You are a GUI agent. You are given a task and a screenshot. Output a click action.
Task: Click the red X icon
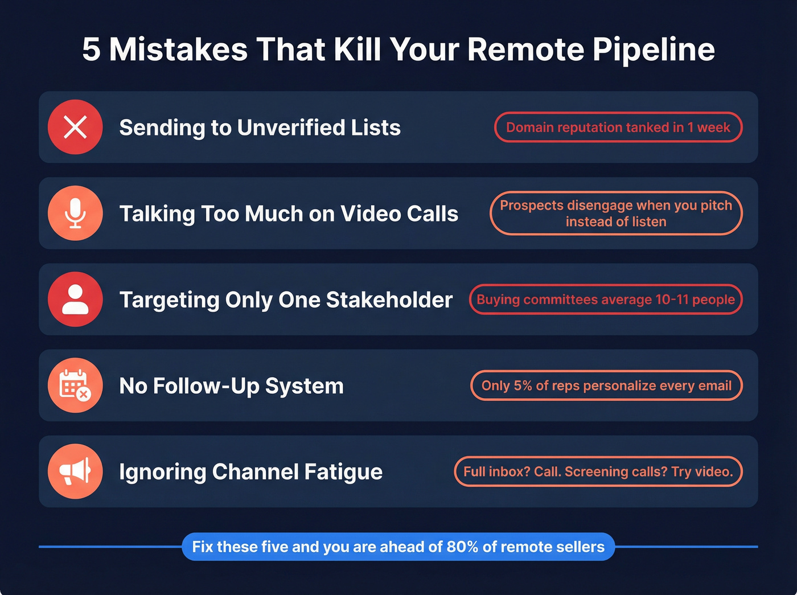75,127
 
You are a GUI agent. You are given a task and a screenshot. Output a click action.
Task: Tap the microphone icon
75,213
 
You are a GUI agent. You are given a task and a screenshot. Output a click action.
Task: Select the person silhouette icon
75,299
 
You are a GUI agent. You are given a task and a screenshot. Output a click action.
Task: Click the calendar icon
75,385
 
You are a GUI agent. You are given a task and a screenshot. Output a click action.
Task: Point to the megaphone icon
75,471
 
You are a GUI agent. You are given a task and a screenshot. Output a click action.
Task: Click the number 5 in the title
91,50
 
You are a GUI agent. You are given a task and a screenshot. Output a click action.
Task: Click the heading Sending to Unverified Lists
260,128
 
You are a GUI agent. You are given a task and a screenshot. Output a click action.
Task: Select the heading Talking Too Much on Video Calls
289,214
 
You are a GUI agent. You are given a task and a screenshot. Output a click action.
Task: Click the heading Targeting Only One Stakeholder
286,299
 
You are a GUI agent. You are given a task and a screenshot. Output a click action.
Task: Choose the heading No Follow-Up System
231,386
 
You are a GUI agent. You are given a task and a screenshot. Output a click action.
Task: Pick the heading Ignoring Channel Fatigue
250,472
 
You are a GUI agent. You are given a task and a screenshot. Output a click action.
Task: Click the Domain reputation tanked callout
618,127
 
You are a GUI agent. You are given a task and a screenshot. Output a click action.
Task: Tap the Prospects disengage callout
616,213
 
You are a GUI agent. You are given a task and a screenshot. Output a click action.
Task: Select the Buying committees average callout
606,299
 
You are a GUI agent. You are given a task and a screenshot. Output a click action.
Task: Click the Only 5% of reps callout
606,385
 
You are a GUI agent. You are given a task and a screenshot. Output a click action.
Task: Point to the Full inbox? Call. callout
598,471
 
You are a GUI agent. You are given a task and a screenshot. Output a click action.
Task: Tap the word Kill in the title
357,50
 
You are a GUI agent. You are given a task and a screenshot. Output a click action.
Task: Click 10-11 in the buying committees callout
672,299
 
